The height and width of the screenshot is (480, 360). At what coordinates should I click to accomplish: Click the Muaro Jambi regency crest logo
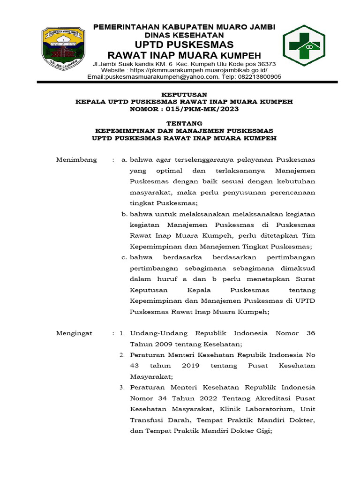click(63, 47)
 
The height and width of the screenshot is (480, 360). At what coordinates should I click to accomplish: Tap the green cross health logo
click(303, 46)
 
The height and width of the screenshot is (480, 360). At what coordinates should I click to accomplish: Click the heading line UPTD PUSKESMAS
click(184, 45)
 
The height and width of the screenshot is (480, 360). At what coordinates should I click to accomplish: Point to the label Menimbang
click(76, 160)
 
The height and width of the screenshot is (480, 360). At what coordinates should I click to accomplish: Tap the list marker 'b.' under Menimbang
click(124, 214)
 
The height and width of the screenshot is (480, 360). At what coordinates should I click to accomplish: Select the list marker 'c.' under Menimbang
click(124, 257)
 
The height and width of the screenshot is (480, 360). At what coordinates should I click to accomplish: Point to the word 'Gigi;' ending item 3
click(263, 431)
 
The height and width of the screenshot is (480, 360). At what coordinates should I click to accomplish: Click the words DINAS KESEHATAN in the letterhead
click(184, 35)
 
